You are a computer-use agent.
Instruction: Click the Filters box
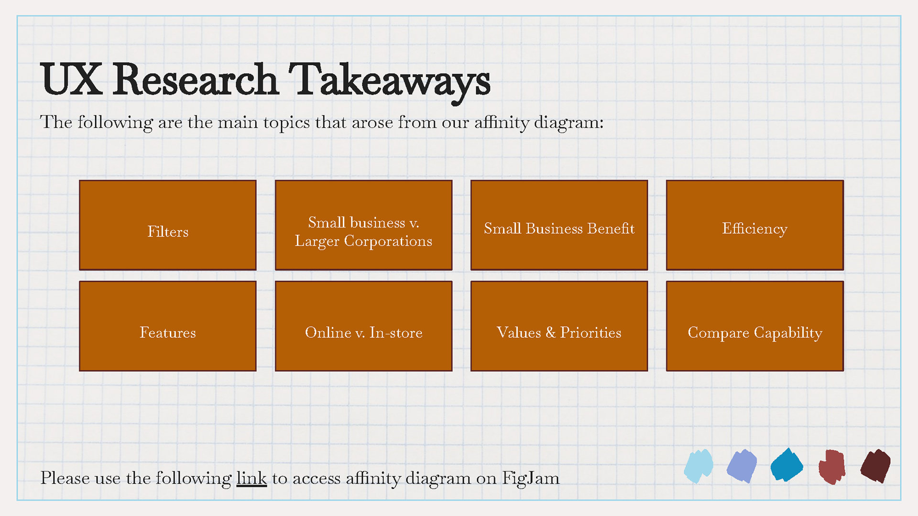click(x=167, y=225)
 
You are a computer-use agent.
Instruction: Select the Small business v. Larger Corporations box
click(x=363, y=225)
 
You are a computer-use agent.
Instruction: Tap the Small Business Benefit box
click(x=559, y=225)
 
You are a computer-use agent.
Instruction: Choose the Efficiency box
click(x=754, y=225)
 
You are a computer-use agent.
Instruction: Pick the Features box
click(x=167, y=326)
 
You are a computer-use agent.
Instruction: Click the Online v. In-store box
click(x=363, y=326)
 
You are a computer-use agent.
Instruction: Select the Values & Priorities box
click(x=559, y=326)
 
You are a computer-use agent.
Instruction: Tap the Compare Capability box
click(x=754, y=326)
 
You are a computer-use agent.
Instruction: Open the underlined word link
click(x=251, y=478)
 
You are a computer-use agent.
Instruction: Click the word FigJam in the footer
click(x=530, y=478)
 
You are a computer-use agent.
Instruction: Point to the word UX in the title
click(x=71, y=79)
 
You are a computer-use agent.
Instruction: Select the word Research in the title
click(x=196, y=79)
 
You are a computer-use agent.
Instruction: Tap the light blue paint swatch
click(x=698, y=466)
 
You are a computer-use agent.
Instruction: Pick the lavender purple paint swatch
click(x=742, y=466)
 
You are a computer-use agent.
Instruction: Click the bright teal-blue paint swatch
click(x=787, y=465)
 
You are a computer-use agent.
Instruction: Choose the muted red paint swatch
click(x=831, y=466)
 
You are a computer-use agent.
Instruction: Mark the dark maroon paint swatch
click(x=875, y=466)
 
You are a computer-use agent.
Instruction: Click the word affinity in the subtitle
click(x=502, y=122)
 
